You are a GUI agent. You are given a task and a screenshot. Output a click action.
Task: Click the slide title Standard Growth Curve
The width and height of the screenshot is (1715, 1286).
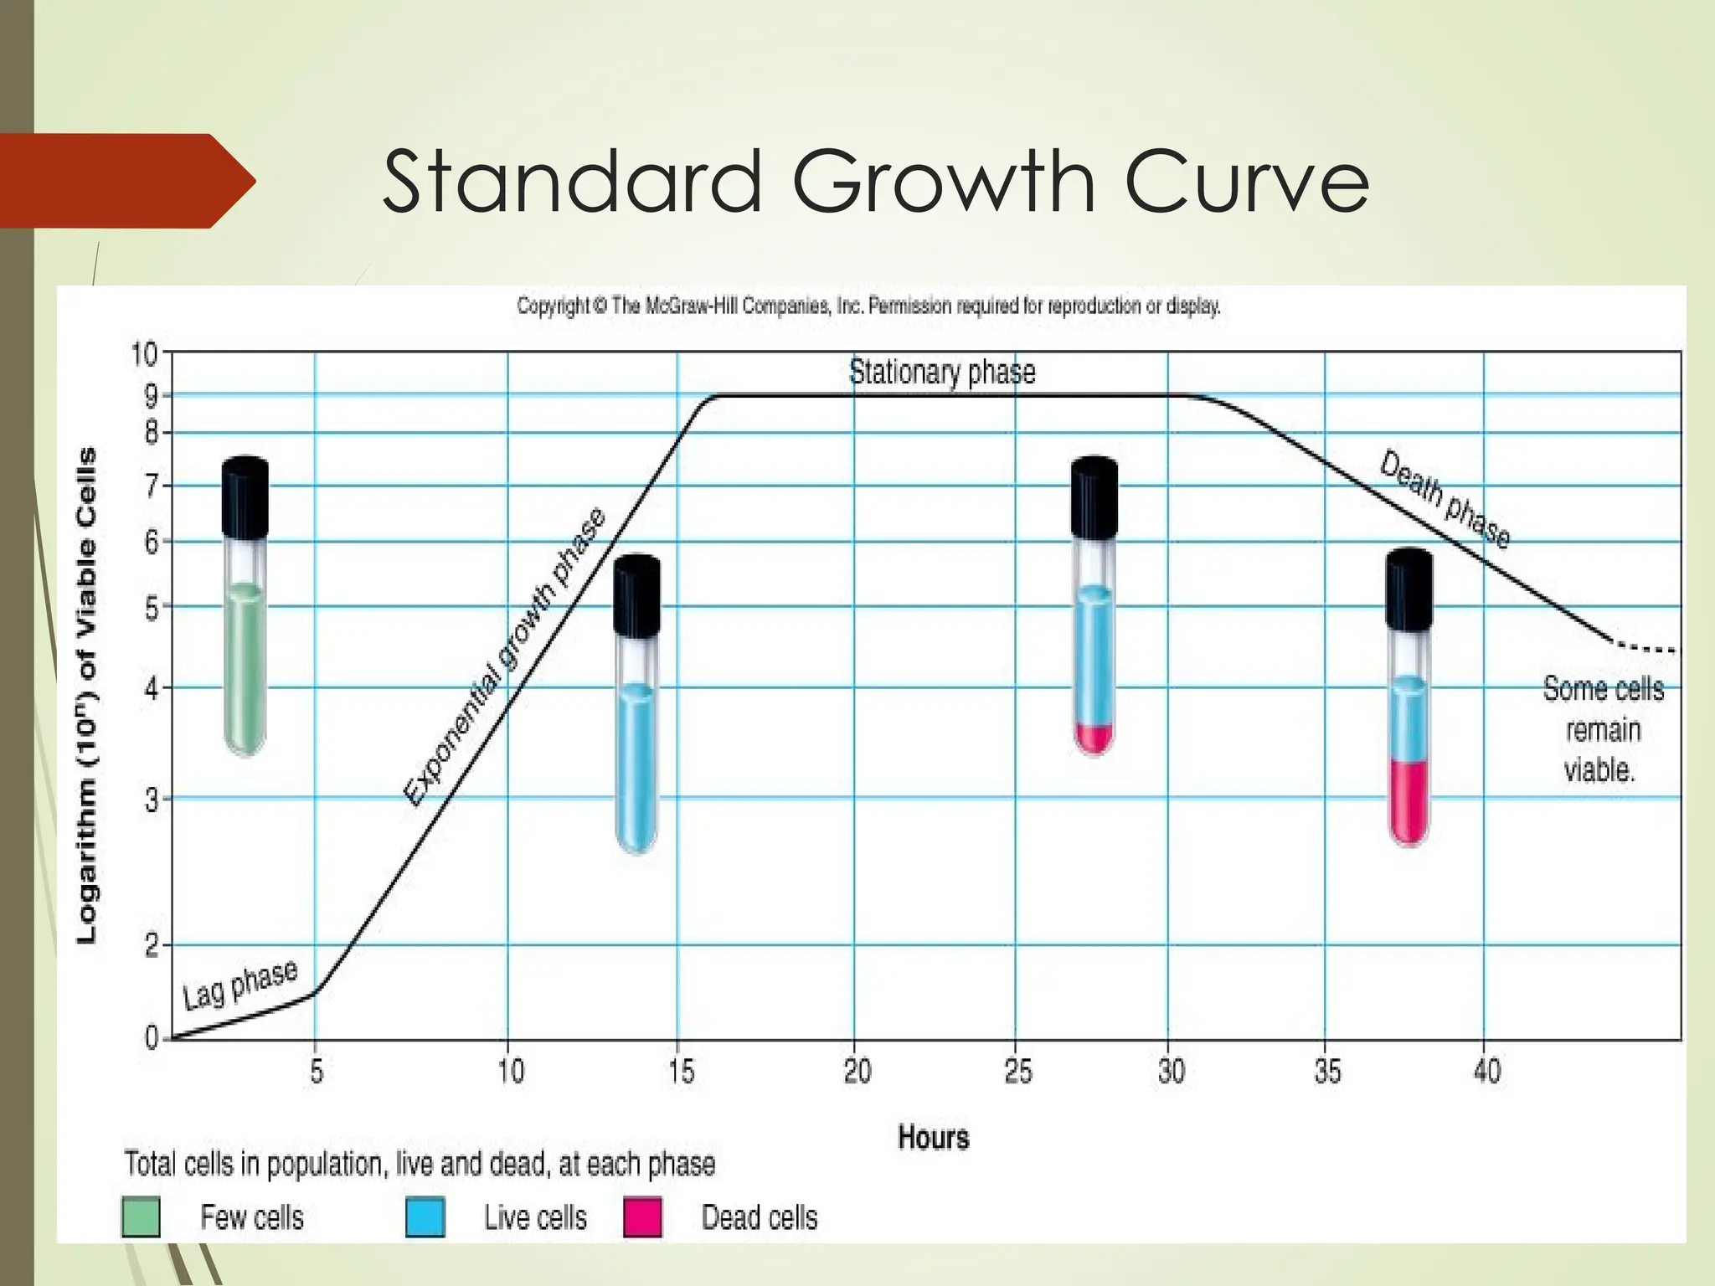pyautogui.click(x=875, y=182)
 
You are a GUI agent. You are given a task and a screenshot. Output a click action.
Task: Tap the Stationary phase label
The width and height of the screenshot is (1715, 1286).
pyautogui.click(x=942, y=372)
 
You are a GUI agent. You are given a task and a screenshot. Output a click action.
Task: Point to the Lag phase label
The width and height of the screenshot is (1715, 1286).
pyautogui.click(x=240, y=985)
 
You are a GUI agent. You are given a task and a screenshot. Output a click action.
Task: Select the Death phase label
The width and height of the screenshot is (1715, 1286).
pyautogui.click(x=1445, y=500)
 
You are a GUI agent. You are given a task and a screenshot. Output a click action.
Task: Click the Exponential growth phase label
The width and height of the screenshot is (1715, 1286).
pyautogui.click(x=504, y=657)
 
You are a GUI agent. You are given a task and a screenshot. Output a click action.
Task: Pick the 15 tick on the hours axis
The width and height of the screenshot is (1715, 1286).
pyautogui.click(x=682, y=1071)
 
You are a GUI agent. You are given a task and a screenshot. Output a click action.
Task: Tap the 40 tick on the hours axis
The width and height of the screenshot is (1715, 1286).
pyautogui.click(x=1486, y=1071)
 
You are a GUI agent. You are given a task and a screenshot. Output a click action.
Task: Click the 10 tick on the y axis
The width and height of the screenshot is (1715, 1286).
pyautogui.click(x=144, y=355)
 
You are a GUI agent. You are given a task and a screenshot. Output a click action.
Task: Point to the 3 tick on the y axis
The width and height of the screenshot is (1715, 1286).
pyautogui.click(x=151, y=800)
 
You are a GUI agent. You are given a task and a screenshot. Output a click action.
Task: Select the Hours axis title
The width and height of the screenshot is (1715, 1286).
pyautogui.click(x=933, y=1138)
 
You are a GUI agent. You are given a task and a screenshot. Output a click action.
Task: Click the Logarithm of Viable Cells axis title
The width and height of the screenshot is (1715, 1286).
pyautogui.click(x=86, y=695)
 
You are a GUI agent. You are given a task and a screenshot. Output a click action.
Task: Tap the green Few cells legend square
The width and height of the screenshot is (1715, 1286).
pyautogui.click(x=141, y=1217)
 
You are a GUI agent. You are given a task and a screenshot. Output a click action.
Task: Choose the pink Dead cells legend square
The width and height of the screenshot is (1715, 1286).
pyautogui.click(x=642, y=1217)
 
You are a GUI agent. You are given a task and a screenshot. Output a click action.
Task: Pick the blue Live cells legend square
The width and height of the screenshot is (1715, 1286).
pyautogui.click(x=425, y=1217)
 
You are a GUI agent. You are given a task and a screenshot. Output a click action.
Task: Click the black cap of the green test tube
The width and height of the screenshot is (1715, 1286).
pyautogui.click(x=245, y=496)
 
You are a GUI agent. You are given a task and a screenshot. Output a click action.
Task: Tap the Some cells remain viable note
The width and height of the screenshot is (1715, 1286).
pyautogui.click(x=1602, y=729)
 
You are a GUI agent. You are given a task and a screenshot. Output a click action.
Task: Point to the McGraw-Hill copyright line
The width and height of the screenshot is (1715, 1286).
pyautogui.click(x=868, y=306)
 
